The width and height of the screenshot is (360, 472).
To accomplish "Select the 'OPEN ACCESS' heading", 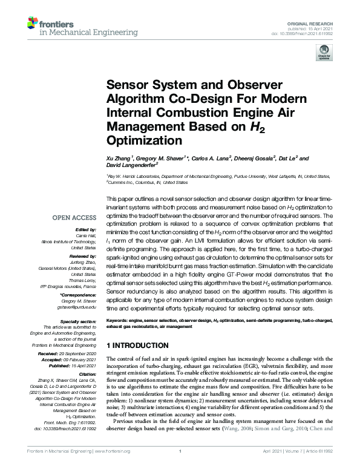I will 74,217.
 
